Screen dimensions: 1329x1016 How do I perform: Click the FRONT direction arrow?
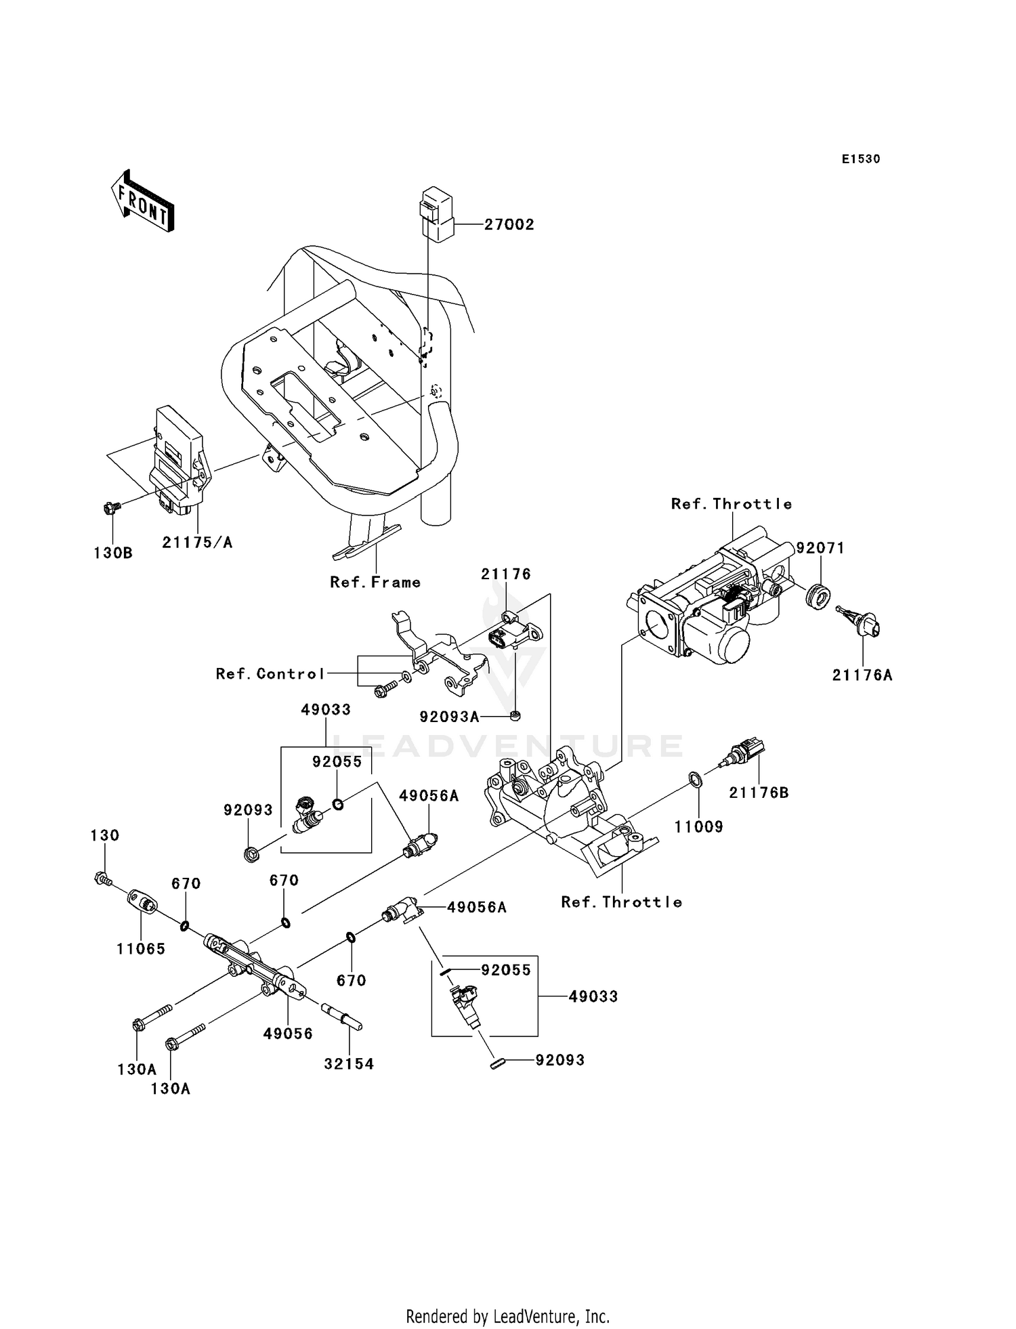[x=143, y=202]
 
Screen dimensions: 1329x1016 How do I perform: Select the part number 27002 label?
[x=509, y=225]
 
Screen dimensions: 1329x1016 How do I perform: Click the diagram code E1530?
[x=860, y=159]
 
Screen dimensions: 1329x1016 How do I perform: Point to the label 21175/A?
[x=197, y=542]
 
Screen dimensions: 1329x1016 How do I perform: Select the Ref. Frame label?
[x=375, y=582]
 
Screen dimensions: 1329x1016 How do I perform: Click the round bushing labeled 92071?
[x=819, y=594]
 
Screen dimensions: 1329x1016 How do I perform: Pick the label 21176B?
[x=759, y=793]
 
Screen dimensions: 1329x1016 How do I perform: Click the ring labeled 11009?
[x=696, y=779]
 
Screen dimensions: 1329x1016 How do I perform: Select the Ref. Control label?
[x=270, y=673]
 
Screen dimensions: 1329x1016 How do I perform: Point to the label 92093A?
[x=449, y=717]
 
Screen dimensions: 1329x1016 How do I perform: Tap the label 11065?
[x=141, y=949]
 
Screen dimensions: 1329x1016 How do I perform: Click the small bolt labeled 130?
[x=101, y=879]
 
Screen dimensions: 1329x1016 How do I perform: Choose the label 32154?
[x=349, y=1063]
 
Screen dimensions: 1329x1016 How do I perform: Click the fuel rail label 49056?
[x=288, y=1034]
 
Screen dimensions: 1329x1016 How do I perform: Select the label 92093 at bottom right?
[x=559, y=1059]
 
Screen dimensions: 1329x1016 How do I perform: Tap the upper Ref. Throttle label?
[x=731, y=503]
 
